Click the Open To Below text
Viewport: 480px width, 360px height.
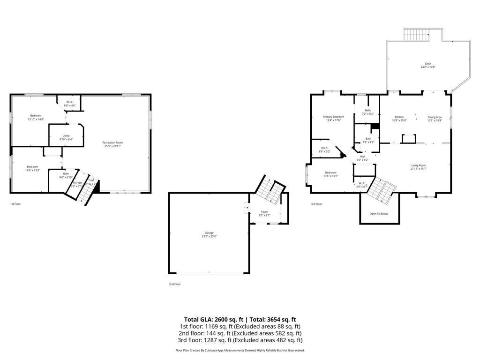pyautogui.click(x=379, y=214)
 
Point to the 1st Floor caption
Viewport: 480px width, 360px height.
pyautogui.click(x=15, y=204)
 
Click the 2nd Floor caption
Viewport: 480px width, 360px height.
pyautogui.click(x=174, y=284)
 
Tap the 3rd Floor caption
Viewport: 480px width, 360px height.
pyautogui.click(x=316, y=204)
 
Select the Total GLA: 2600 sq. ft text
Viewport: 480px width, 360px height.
pyautogui.click(x=210, y=319)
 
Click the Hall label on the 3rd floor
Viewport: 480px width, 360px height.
pyautogui.click(x=362, y=158)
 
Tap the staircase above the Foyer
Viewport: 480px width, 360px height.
pyautogui.click(x=269, y=187)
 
